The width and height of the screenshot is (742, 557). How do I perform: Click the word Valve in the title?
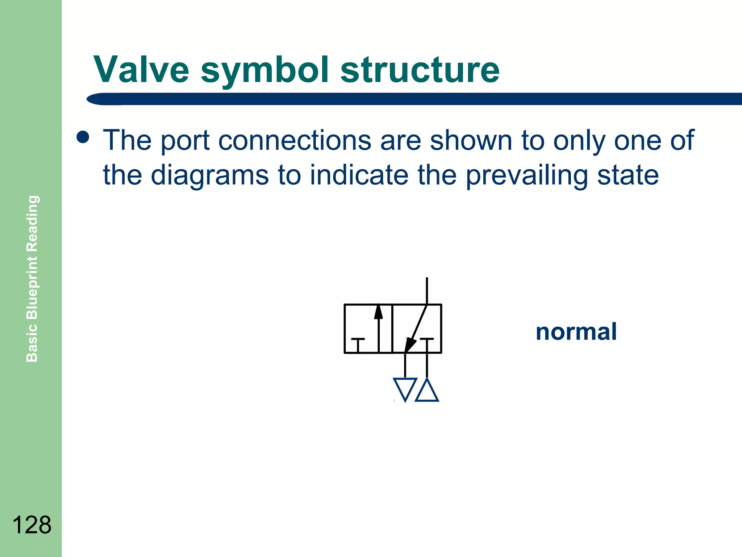click(141, 70)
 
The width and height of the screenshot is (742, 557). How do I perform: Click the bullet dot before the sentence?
click(83, 137)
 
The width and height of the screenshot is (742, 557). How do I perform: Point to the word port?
click(185, 141)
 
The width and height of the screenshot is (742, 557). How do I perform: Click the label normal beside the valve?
click(576, 331)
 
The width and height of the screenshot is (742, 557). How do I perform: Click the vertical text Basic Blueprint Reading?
click(32, 278)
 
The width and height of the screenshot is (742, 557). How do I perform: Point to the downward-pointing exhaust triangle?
click(405, 388)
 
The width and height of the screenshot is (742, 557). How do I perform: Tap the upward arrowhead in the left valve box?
click(378, 312)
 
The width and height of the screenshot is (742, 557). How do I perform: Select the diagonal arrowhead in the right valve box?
click(410, 344)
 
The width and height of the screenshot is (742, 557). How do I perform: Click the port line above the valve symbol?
click(427, 290)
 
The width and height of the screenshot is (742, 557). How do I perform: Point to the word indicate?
click(359, 175)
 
